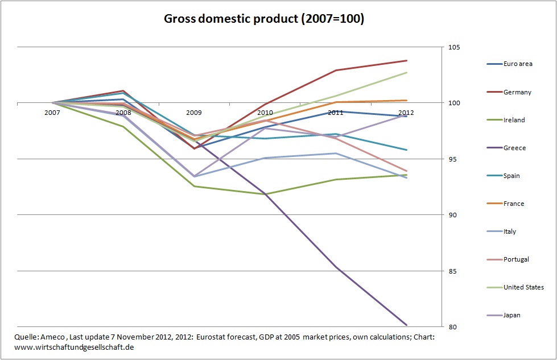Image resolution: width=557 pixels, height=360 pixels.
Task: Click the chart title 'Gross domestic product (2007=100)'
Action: tap(264, 19)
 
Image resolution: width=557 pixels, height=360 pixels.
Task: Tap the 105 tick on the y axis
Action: tap(452, 47)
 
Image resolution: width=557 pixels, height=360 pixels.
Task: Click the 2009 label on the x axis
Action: tap(194, 113)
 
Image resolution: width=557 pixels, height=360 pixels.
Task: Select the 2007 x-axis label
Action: tap(52, 113)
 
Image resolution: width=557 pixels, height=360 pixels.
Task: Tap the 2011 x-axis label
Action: tap(335, 113)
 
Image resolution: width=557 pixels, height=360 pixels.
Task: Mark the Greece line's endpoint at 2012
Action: tap(407, 325)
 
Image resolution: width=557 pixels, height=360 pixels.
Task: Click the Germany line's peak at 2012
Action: tap(407, 60)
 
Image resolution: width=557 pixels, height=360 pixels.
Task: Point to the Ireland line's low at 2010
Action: tap(265, 194)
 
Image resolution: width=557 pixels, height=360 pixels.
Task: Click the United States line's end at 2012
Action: tap(407, 72)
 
